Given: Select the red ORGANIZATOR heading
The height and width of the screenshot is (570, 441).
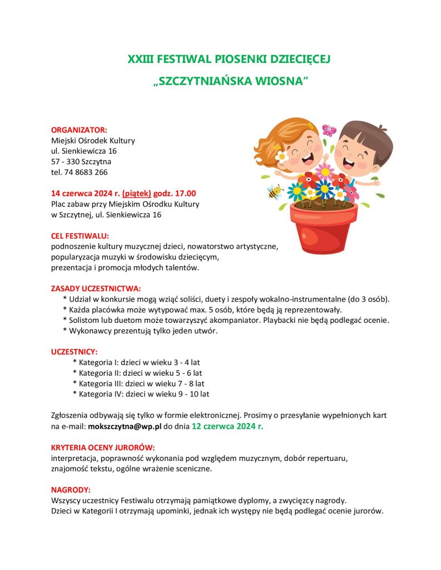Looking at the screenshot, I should [x=79, y=130].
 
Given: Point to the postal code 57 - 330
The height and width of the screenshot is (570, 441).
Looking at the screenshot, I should [x=65, y=161].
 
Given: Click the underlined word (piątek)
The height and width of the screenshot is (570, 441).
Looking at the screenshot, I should [x=136, y=193].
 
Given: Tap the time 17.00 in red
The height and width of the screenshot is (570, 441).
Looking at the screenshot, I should [x=185, y=193].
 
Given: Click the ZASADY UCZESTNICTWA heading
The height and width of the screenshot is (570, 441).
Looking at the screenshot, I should [x=96, y=288].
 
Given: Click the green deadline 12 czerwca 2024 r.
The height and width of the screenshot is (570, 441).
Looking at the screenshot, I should [x=227, y=426].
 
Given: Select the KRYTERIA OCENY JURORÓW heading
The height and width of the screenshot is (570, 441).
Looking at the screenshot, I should [x=102, y=448].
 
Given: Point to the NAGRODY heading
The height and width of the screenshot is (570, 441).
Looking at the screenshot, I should [x=70, y=490].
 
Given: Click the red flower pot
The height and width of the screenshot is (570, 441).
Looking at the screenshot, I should [x=324, y=229].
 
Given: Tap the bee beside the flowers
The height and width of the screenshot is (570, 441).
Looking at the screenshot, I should [x=275, y=192].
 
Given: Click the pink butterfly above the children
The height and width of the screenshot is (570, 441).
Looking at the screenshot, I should [x=329, y=130].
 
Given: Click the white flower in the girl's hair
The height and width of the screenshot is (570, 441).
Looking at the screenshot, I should [x=282, y=156].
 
